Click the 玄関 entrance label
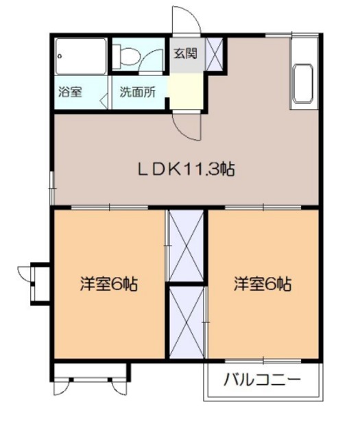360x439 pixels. pos(184,54)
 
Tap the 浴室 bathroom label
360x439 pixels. pos(70,91)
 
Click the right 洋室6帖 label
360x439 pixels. pos(263,283)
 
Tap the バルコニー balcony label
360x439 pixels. pos(263,379)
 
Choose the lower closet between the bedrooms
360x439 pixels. pos(186,321)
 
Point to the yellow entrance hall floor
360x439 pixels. pos(187,89)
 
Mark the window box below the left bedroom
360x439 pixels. pos(91,373)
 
